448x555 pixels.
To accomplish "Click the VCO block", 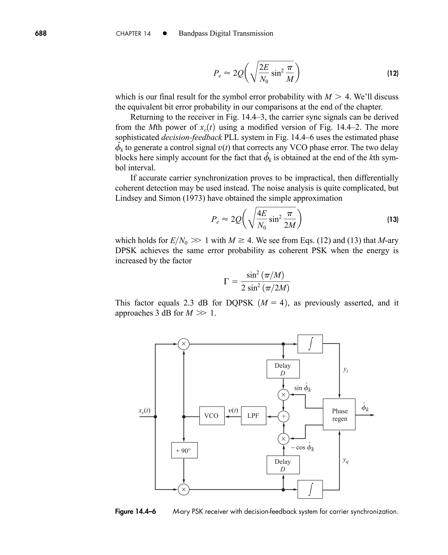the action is tap(212, 416).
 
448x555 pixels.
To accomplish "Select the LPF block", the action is tap(253, 416).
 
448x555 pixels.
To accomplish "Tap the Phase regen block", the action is tap(339, 414).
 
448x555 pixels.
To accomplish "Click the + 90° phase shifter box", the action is tap(184, 450).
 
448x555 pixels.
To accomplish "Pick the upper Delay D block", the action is tap(283, 369).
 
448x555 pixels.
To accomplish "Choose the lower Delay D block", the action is tap(283, 465).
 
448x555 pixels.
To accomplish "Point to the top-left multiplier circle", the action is tap(184, 344).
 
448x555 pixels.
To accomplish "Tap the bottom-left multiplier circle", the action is tap(184, 489).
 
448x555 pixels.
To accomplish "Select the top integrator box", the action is tap(310, 344).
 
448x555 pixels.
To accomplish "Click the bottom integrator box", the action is tap(310, 489).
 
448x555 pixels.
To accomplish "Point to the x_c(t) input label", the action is tap(144, 411).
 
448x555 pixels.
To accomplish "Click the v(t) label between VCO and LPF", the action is tap(233, 410).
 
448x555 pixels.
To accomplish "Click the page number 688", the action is tap(41, 33).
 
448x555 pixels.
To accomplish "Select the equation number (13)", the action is tap(392, 220).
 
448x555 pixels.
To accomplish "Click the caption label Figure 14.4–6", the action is tap(135, 512).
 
